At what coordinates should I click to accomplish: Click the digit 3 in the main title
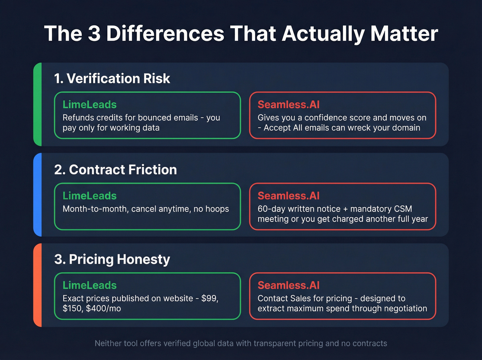click(x=94, y=34)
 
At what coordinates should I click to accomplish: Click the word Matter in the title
click(x=404, y=34)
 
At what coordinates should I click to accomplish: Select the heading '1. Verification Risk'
click(x=112, y=79)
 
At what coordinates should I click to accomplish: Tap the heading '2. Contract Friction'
click(x=115, y=169)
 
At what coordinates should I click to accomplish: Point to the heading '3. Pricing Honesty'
click(x=112, y=259)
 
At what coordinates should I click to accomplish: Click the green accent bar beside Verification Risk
click(x=38, y=104)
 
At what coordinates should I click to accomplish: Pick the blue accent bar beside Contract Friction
click(x=38, y=195)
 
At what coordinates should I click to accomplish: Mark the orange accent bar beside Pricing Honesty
click(x=38, y=285)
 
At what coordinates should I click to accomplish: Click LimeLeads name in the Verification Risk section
click(x=90, y=104)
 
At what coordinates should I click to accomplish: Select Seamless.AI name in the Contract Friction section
click(x=289, y=196)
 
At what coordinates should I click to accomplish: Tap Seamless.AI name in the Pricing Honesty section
click(x=289, y=285)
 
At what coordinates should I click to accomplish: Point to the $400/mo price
click(x=103, y=308)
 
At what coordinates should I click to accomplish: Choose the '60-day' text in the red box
click(x=271, y=209)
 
